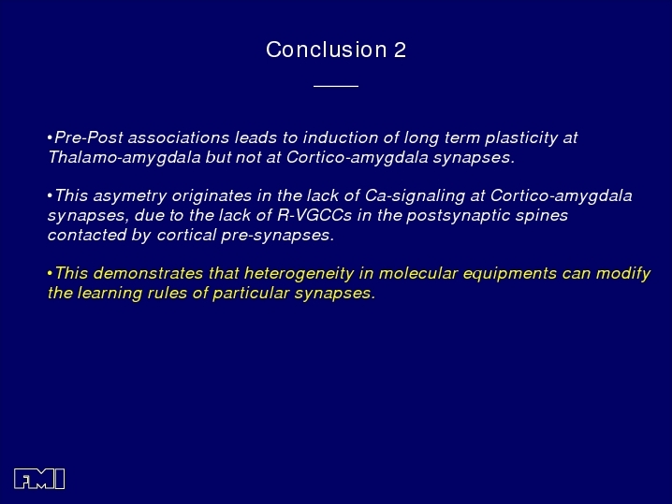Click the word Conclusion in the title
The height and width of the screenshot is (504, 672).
(326, 50)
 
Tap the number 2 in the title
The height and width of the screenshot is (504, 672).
(400, 50)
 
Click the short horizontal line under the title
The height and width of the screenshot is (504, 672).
(336, 86)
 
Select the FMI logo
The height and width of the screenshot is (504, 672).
(39, 479)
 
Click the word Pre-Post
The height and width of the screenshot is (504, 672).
(89, 137)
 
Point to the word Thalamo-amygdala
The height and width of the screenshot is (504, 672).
(124, 158)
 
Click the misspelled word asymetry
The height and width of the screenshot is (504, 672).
(129, 196)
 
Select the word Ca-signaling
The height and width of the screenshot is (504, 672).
(415, 196)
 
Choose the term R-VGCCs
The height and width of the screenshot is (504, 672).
(314, 215)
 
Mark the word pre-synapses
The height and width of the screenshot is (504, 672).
(277, 236)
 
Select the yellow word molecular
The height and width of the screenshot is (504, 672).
(418, 273)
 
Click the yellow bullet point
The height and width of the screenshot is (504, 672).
(51, 273)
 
